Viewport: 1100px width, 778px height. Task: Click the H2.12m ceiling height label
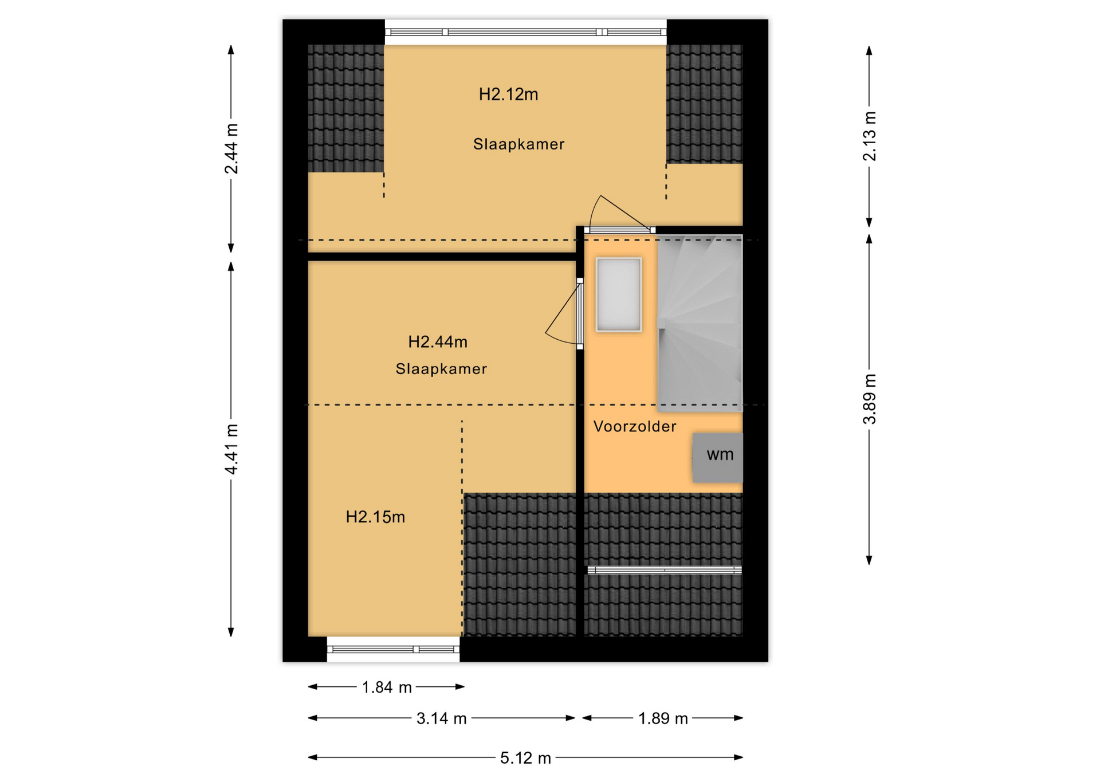(x=508, y=94)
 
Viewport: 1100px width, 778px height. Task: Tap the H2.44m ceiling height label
(x=438, y=342)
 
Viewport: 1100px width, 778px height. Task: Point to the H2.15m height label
(x=375, y=517)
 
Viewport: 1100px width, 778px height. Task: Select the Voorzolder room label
(x=634, y=426)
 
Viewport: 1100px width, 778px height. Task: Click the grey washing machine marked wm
(x=717, y=457)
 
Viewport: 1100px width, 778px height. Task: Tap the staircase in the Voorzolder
(x=700, y=323)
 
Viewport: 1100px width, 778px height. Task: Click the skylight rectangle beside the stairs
(x=619, y=294)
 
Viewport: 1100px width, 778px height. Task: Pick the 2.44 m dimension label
(x=231, y=148)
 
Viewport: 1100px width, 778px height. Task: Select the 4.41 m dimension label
(x=231, y=449)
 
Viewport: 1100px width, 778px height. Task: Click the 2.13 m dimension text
(x=870, y=136)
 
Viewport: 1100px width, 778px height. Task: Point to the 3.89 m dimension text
(x=870, y=399)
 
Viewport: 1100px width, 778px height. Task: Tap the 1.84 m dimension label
(x=387, y=687)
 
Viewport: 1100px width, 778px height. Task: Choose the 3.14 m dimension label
(x=441, y=718)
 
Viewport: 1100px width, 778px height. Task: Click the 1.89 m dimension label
(x=663, y=718)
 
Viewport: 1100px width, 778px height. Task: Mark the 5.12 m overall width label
(x=525, y=758)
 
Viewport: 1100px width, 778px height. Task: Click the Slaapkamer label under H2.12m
(x=518, y=144)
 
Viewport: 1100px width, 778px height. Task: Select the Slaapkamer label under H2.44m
(x=441, y=368)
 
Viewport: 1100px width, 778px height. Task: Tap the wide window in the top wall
(x=525, y=32)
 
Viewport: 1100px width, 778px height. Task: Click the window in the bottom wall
(x=393, y=649)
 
